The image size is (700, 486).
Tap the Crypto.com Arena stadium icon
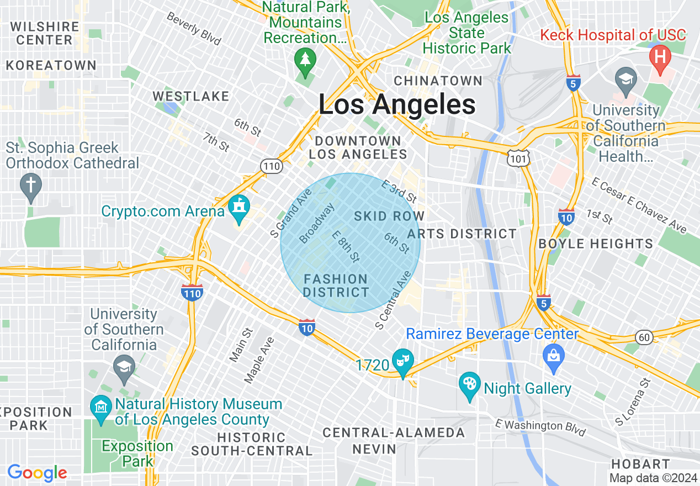[x=239, y=207]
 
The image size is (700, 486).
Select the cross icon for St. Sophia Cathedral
[x=30, y=186]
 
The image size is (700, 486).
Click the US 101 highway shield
[x=519, y=158]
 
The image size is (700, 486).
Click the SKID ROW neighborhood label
[x=389, y=216]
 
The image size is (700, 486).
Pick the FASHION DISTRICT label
[x=336, y=286]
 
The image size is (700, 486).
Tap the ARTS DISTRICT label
[x=462, y=234]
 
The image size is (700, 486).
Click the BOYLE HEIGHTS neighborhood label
[x=596, y=244]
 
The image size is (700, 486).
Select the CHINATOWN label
[x=438, y=81]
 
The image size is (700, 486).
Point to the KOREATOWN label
[x=51, y=65]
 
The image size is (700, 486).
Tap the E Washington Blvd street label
[x=540, y=426]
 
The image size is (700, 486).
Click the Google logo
[x=37, y=473]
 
